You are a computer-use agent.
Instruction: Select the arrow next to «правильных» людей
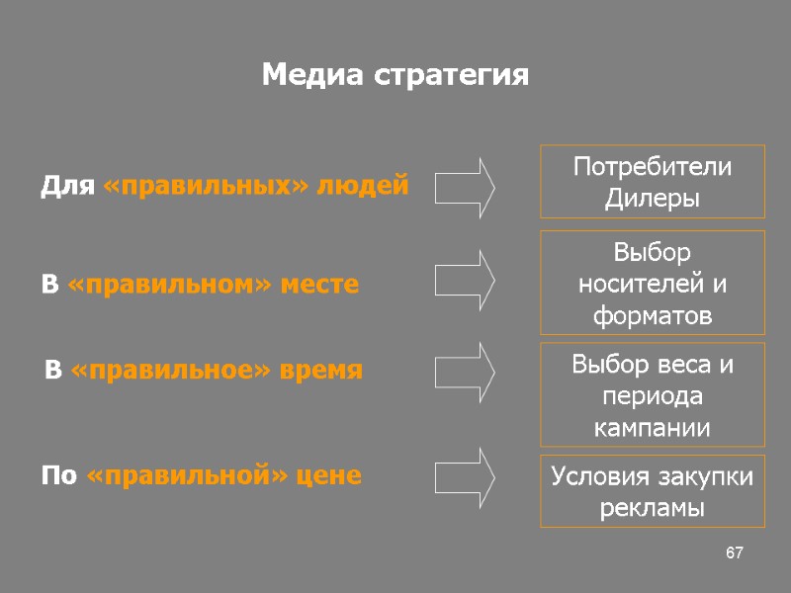466,187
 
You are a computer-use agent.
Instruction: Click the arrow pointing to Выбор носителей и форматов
466,281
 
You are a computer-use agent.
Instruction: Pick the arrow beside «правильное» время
466,372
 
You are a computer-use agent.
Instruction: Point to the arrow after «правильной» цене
466,476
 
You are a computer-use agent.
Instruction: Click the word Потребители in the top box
653,167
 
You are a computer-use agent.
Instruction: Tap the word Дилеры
652,198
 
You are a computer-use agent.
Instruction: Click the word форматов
652,315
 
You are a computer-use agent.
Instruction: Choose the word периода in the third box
652,396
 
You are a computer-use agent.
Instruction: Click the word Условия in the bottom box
599,477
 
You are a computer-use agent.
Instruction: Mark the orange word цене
332,476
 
